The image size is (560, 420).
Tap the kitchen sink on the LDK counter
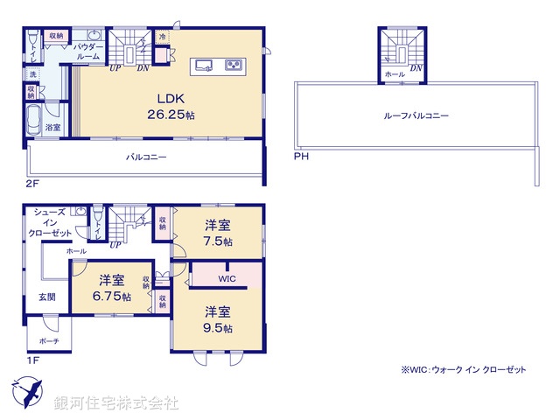(x=204, y=65)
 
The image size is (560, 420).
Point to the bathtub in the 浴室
(x=36, y=116)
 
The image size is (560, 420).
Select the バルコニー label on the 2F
(x=146, y=157)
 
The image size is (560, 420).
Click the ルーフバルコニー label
(x=416, y=115)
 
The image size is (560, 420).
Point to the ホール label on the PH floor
(x=395, y=74)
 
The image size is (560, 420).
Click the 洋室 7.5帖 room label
(x=218, y=233)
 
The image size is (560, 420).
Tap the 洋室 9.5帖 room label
(x=218, y=319)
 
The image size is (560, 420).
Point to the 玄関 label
(x=46, y=297)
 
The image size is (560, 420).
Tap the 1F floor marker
(x=31, y=358)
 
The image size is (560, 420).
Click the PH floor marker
(x=301, y=157)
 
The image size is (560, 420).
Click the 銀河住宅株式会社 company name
(x=116, y=402)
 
